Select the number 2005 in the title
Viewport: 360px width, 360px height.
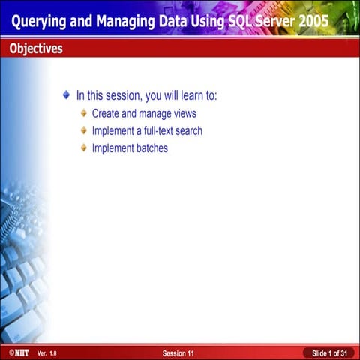tap(310, 21)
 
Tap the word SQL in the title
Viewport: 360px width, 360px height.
tap(227, 21)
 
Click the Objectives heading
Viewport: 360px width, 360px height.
tap(36, 49)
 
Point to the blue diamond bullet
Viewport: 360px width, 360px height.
tap(66, 95)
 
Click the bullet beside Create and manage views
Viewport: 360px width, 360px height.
tap(84, 114)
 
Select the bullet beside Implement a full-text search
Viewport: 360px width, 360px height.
tap(84, 131)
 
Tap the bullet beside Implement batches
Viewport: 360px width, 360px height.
tap(84, 148)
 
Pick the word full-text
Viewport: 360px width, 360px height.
tap(157, 131)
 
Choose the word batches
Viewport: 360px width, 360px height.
tap(152, 148)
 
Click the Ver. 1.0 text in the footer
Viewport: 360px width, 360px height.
tap(46, 352)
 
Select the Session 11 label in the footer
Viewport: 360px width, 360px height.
tap(178, 352)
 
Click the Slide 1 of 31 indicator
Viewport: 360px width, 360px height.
tap(329, 352)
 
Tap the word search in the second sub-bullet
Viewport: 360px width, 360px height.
tap(188, 131)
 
